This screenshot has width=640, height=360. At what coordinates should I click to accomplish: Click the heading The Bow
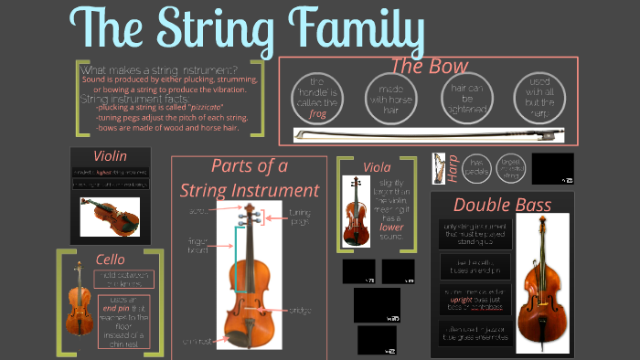pyautogui.click(x=429, y=66)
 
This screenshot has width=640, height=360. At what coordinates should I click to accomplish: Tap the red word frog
pyautogui.click(x=317, y=114)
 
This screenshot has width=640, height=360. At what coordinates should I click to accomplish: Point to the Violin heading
pyautogui.click(x=110, y=155)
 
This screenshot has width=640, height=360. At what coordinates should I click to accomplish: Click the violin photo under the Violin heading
pyautogui.click(x=110, y=217)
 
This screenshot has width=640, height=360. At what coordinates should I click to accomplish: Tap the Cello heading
pyautogui.click(x=110, y=259)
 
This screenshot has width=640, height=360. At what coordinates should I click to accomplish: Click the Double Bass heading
pyautogui.click(x=502, y=205)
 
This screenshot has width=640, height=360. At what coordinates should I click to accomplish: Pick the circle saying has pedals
pyautogui.click(x=477, y=166)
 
